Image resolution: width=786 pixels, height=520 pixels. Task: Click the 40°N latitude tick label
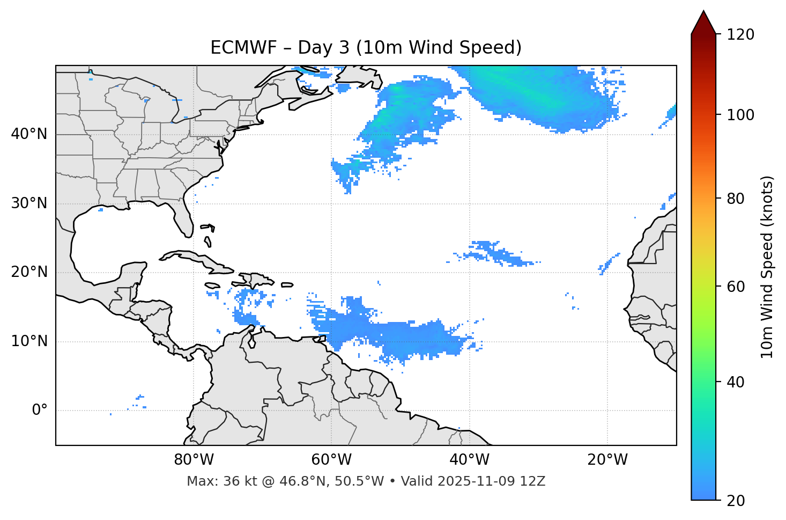tap(29, 134)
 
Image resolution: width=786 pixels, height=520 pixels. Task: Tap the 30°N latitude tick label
tap(29, 203)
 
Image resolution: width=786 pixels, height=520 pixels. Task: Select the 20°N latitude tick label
tap(29, 272)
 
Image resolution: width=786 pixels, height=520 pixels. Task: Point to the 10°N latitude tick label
tap(29, 341)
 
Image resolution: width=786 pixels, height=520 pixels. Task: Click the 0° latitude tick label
tap(40, 411)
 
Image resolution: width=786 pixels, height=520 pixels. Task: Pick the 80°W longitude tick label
tap(194, 460)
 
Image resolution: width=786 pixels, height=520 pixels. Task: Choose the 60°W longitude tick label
tap(331, 460)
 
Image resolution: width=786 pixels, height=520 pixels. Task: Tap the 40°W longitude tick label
tap(469, 460)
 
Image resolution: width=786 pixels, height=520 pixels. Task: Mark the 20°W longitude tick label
tap(607, 460)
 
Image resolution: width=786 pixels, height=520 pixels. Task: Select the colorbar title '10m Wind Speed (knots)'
tap(767, 267)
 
